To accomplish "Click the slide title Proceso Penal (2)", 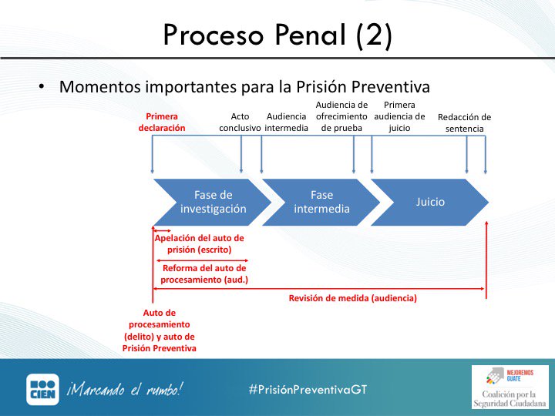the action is [277, 36].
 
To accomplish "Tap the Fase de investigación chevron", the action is [212, 202].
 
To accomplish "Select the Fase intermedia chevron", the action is [321, 202].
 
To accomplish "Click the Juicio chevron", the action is [429, 202].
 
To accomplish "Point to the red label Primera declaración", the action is [162, 122].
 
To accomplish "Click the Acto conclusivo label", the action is [240, 122].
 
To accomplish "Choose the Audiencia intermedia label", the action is [287, 122].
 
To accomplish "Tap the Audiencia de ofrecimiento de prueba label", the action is [341, 116].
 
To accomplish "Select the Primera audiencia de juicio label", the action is [399, 116].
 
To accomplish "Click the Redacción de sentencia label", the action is [464, 123].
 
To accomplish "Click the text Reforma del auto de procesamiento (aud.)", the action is [204, 273].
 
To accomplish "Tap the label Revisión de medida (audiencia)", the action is [352, 298].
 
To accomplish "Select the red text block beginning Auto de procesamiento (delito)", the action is [159, 330].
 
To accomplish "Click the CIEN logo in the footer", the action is [42, 389].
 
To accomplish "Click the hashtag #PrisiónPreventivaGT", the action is [308, 389].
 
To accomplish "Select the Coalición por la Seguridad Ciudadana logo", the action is [509, 387].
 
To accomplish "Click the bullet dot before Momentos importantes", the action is [42, 86].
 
